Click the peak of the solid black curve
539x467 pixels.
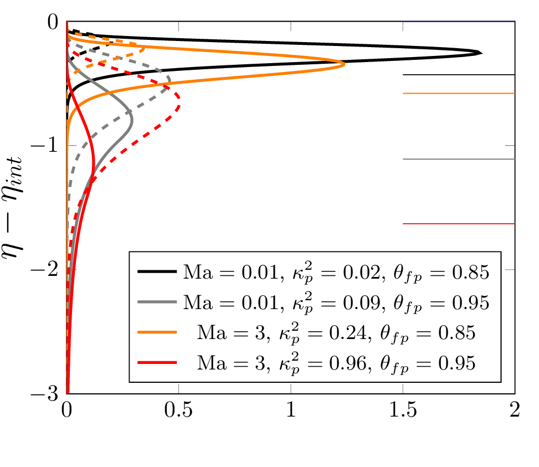[x=481, y=53]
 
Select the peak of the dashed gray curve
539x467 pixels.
[x=170, y=80]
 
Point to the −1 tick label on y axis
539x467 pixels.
[x=47, y=146]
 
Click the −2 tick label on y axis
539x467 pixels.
[x=47, y=270]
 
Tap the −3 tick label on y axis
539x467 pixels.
[x=47, y=394]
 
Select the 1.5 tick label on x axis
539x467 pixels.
[x=403, y=412]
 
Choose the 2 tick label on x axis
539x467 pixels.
[x=515, y=412]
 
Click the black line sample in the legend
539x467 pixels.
[x=157, y=272]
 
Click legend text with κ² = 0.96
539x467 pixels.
[x=336, y=363]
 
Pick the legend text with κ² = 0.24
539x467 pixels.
[x=336, y=333]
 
